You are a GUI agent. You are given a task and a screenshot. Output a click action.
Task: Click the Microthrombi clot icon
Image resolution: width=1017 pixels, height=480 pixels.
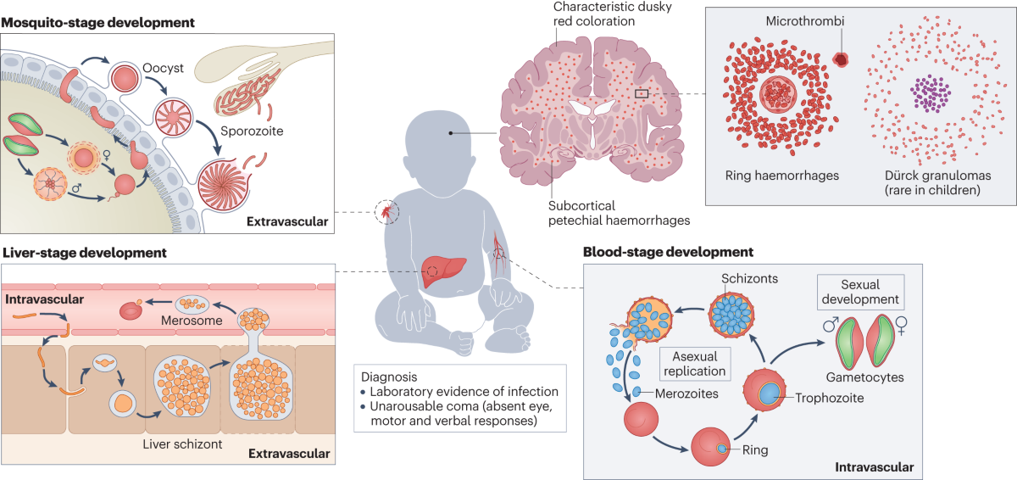841,59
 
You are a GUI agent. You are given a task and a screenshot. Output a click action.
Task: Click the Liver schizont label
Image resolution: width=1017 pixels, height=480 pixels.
179,444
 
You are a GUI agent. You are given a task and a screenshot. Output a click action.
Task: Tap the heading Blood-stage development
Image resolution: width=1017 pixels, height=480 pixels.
668,252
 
